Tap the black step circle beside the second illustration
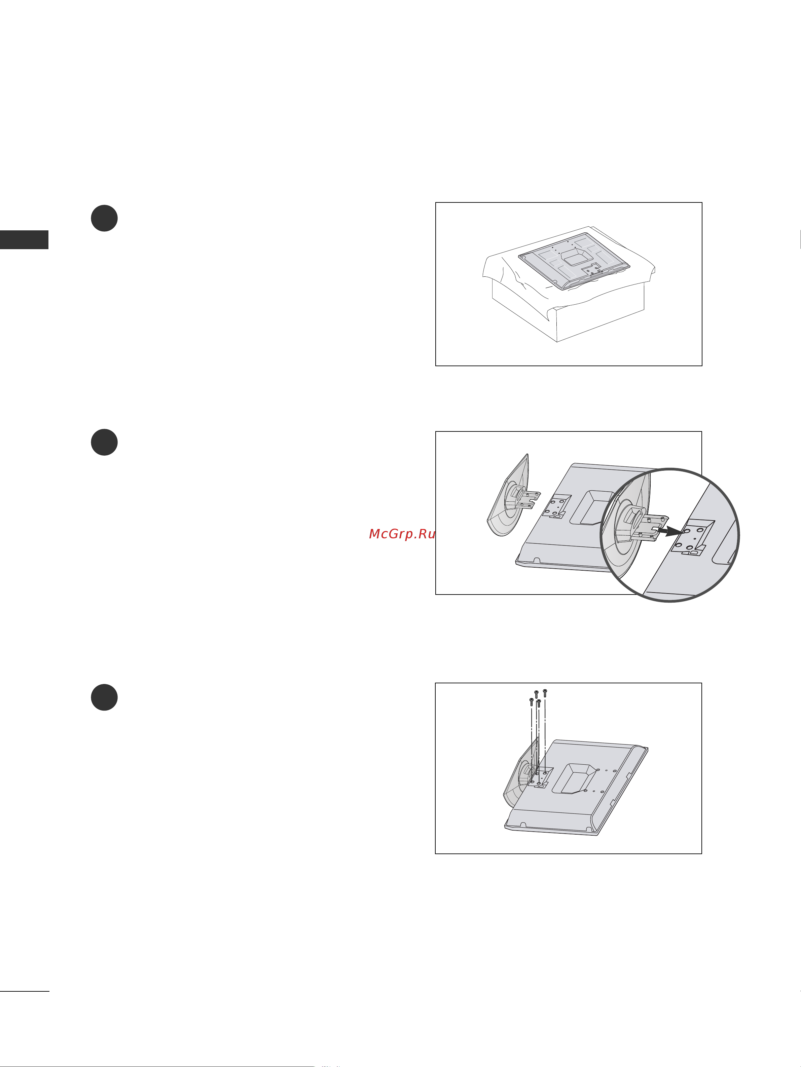pyautogui.click(x=104, y=442)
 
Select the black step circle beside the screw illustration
pyautogui.click(x=104, y=697)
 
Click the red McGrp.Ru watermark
pyautogui.click(x=402, y=534)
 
